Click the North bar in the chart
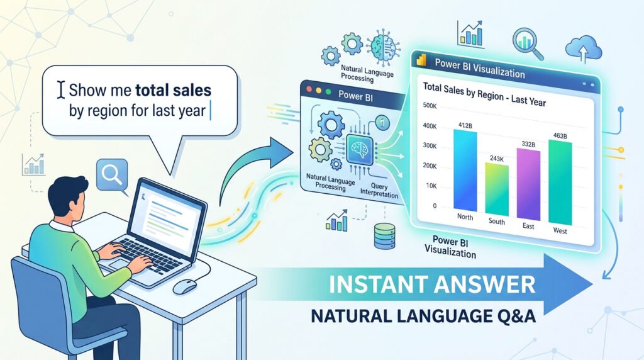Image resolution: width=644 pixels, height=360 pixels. pyautogui.click(x=465, y=171)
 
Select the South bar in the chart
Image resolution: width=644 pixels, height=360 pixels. pyautogui.click(x=497, y=189)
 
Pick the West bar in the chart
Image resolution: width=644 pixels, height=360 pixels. pyautogui.click(x=560, y=183)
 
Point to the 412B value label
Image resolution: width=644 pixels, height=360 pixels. pyautogui.click(x=465, y=125)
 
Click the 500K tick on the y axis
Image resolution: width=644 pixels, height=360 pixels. pyautogui.click(x=430, y=106)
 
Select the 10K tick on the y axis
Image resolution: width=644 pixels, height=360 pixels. pyautogui.click(x=431, y=186)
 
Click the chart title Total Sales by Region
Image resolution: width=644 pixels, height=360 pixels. pyautogui.click(x=484, y=94)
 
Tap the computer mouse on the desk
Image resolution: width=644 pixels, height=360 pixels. pyautogui.click(x=184, y=286)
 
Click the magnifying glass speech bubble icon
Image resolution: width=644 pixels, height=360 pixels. pyautogui.click(x=112, y=176)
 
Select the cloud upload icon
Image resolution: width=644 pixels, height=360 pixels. pyautogui.click(x=583, y=48)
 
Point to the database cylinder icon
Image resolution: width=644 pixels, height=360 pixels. pyautogui.click(x=385, y=236)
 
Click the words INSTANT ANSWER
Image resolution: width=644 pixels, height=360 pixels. pyautogui.click(x=432, y=284)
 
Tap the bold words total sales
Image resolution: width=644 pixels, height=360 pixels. pyautogui.click(x=174, y=90)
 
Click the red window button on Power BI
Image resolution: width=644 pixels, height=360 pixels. pyautogui.click(x=309, y=89)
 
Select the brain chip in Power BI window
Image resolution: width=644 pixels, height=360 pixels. pyautogui.click(x=360, y=150)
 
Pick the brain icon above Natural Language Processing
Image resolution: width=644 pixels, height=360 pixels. pyautogui.click(x=382, y=46)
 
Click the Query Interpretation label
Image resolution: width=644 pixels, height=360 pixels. pyautogui.click(x=379, y=190)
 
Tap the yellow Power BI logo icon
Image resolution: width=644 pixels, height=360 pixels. pyautogui.click(x=421, y=60)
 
